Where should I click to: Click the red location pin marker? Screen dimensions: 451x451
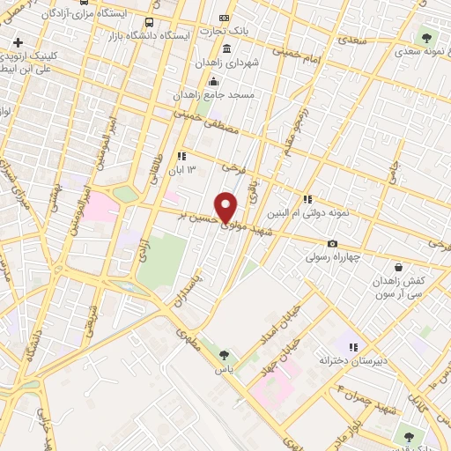(226, 206)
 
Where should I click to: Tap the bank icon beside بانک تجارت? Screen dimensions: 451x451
(224, 18)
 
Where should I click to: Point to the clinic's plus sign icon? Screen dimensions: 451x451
(18, 42)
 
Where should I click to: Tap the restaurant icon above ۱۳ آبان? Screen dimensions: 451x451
(181, 156)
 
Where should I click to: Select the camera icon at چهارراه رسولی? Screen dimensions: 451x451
(332, 244)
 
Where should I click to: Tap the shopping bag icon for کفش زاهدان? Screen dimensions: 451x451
(398, 266)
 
